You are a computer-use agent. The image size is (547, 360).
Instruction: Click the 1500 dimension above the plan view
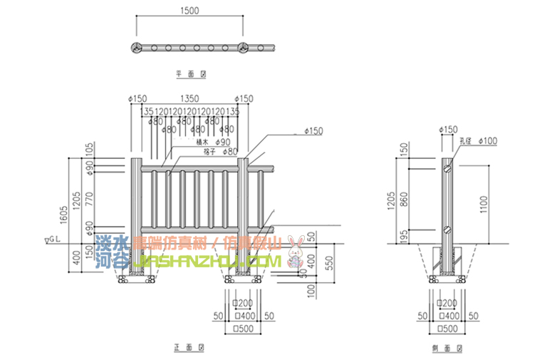point(189,11)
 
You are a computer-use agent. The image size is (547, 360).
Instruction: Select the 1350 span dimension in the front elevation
point(189,98)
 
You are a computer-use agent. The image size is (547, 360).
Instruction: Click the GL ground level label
point(55,240)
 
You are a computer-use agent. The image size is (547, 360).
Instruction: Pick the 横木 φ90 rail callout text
point(208,142)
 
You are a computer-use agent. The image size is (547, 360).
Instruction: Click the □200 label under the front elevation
point(245,302)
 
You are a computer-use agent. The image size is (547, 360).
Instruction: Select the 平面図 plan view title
point(190,73)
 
